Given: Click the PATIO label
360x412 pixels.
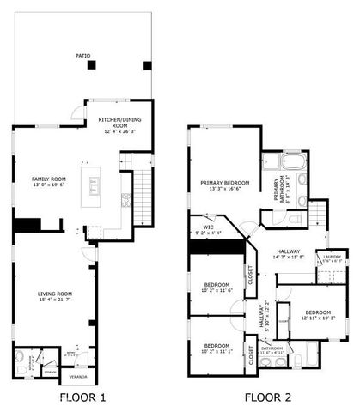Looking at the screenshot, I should [x=82, y=56].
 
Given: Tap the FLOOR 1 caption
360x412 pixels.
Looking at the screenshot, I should [x=82, y=397].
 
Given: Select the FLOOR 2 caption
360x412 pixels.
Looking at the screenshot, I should [x=267, y=397].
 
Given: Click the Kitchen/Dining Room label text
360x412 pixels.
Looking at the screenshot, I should [x=119, y=119].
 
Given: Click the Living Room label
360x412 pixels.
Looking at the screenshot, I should [x=53, y=294].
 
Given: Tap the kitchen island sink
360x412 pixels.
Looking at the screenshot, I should [x=93, y=184].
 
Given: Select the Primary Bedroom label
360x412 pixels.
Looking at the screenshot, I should [x=224, y=183].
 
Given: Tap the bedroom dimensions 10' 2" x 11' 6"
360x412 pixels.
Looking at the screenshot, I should [x=217, y=291].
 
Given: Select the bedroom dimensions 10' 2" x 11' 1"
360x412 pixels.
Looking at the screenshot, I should [x=216, y=351].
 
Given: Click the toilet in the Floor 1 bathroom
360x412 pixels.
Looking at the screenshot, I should [x=20, y=356].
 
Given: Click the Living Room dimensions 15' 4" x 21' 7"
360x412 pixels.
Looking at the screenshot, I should [x=53, y=301].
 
